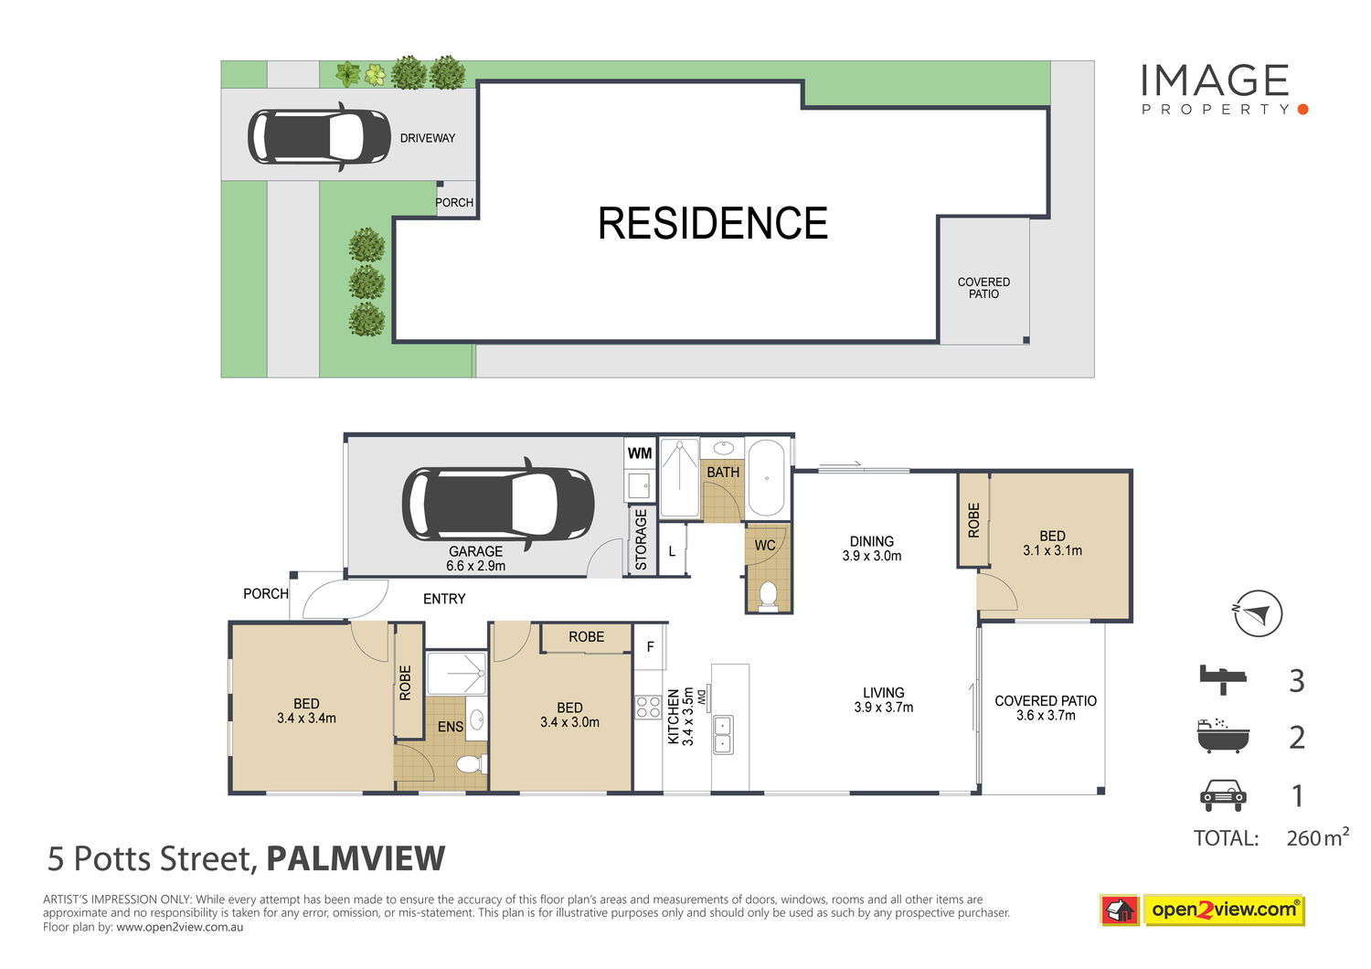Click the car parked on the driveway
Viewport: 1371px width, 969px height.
pyautogui.click(x=319, y=136)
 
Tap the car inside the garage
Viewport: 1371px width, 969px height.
pyautogui.click(x=497, y=504)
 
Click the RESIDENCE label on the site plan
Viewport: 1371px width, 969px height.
pyautogui.click(x=712, y=223)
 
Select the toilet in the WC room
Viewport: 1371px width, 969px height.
pyautogui.click(x=768, y=596)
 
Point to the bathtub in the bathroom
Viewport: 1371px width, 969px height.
pyautogui.click(x=766, y=477)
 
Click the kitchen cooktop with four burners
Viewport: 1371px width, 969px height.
pyautogui.click(x=648, y=707)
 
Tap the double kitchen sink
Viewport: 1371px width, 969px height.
pyautogui.click(x=723, y=735)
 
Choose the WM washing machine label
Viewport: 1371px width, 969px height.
pyautogui.click(x=640, y=453)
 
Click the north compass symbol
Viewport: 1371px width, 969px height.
pyautogui.click(x=1257, y=612)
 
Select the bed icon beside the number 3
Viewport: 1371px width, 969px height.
pyautogui.click(x=1223, y=679)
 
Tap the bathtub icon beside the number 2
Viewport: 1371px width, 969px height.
pyautogui.click(x=1223, y=735)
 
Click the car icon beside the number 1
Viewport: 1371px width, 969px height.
pyautogui.click(x=1223, y=795)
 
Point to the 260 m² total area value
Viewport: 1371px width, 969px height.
pyautogui.click(x=1317, y=836)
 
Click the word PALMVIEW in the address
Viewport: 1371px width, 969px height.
pyautogui.click(x=356, y=858)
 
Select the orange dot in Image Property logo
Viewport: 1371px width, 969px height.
pyautogui.click(x=1302, y=109)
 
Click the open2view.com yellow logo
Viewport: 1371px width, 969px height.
pyautogui.click(x=1224, y=910)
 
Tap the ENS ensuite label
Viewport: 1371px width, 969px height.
pyautogui.click(x=450, y=727)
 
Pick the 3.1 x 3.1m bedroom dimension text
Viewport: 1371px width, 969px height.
pyautogui.click(x=1052, y=550)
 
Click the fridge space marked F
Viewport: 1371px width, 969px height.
pyautogui.click(x=650, y=646)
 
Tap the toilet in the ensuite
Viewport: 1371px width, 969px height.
pyautogui.click(x=472, y=764)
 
